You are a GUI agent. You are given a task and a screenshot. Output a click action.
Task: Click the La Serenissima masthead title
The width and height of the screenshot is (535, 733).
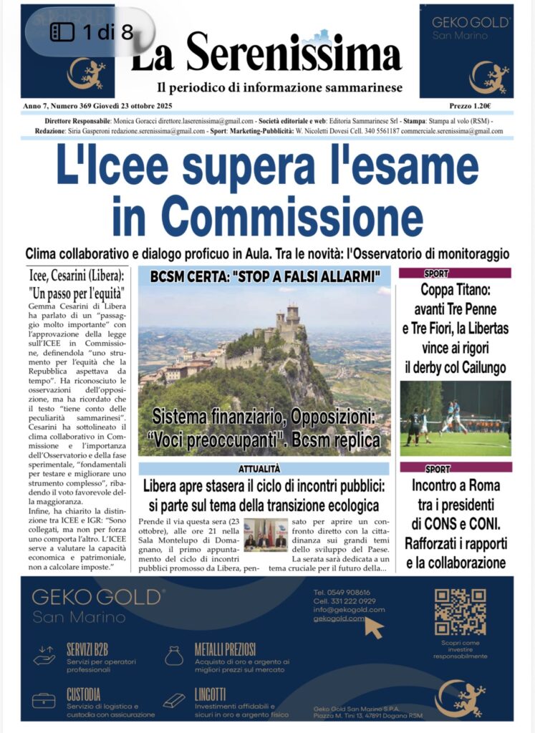click(266, 54)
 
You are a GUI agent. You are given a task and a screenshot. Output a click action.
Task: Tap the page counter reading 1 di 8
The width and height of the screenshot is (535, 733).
click(91, 32)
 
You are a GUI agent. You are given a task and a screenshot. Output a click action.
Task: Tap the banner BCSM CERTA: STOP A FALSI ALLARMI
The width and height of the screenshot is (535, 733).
click(264, 276)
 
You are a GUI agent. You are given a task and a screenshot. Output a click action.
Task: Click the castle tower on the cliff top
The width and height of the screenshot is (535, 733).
click(291, 314)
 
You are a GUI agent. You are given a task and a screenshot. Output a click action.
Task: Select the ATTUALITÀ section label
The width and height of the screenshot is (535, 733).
click(264, 469)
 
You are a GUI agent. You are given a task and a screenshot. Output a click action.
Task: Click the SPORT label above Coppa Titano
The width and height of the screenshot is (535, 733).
click(437, 273)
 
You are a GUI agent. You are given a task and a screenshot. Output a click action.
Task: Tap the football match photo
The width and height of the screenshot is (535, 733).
click(455, 418)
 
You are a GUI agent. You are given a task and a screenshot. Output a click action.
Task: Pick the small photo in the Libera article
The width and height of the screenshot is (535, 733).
click(265, 535)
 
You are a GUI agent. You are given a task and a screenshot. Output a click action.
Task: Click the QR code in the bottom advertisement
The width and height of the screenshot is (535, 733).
click(460, 612)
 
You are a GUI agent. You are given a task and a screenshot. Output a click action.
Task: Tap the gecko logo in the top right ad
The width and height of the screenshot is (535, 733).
click(488, 77)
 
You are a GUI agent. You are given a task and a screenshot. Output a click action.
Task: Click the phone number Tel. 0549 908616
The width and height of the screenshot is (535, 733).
click(342, 593)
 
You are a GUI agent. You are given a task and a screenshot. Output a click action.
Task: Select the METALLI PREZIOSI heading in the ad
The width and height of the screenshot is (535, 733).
click(225, 649)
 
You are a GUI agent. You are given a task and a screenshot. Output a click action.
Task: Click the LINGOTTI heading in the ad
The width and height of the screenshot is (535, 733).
click(210, 694)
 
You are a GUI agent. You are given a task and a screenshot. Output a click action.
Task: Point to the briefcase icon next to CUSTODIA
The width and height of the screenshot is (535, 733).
click(44, 699)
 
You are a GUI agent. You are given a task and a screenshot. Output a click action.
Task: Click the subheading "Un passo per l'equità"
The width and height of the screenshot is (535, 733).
click(78, 293)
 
